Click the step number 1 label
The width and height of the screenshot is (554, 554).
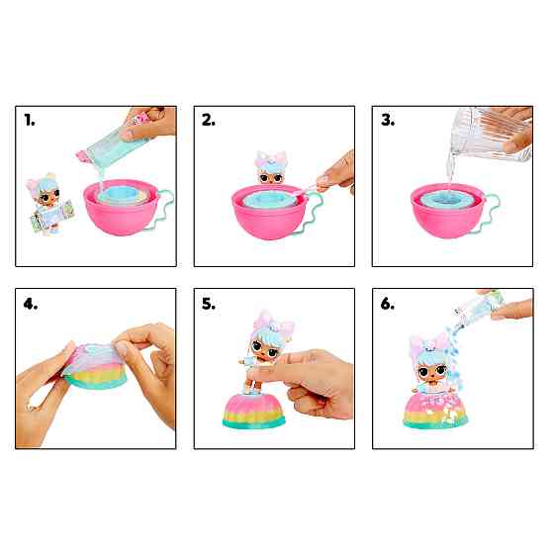pos(30,120)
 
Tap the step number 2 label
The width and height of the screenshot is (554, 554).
pos(209,120)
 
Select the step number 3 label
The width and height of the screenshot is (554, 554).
pos(388,120)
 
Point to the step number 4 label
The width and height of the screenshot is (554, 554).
pos(31,304)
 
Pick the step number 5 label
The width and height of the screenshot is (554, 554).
pos(209,304)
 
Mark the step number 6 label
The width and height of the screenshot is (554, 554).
pos(388,304)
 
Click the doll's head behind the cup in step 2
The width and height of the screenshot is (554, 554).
pos(271,168)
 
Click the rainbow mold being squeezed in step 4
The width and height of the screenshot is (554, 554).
pos(95,366)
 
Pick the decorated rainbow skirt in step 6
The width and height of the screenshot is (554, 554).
pos(435,410)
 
